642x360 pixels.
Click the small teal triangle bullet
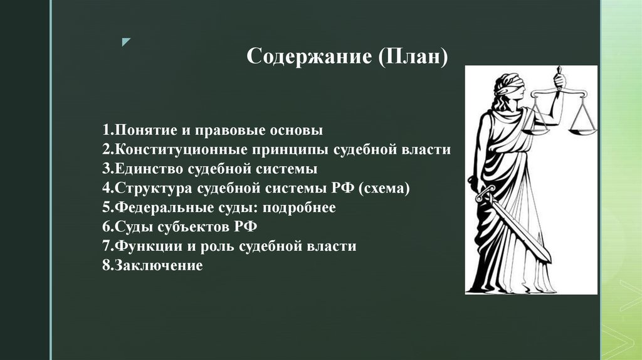tap(127, 42)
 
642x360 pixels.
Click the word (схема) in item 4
tap(385, 189)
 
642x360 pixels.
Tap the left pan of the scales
tap(534, 130)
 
